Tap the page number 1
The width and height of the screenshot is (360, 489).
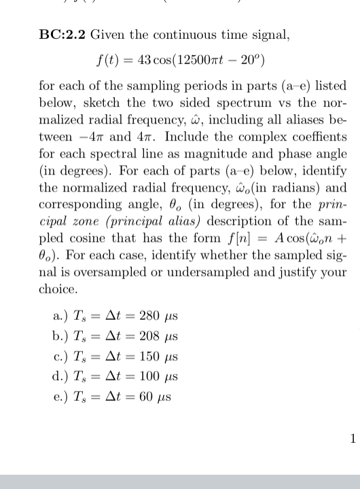(352, 439)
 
